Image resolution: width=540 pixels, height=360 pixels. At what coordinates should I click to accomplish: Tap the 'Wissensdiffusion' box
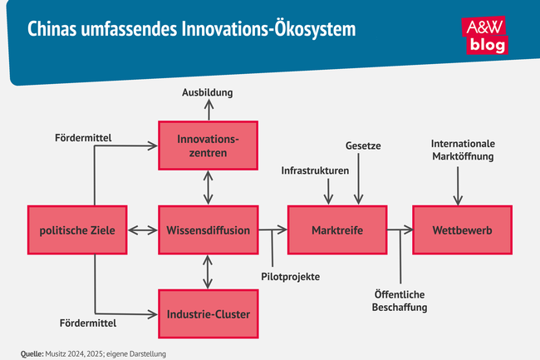click(x=208, y=229)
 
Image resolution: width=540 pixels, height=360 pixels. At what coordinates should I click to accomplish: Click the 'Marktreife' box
click(x=337, y=229)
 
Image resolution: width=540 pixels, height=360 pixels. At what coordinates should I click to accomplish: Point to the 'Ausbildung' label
click(x=208, y=91)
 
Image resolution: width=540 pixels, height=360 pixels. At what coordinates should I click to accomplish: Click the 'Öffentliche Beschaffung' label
click(x=400, y=300)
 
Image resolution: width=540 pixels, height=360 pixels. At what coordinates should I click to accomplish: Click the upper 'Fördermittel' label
click(x=83, y=136)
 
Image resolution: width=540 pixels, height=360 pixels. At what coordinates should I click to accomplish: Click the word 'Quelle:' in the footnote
click(x=32, y=353)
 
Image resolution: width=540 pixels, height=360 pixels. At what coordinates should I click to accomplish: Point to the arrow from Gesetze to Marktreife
click(x=359, y=179)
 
